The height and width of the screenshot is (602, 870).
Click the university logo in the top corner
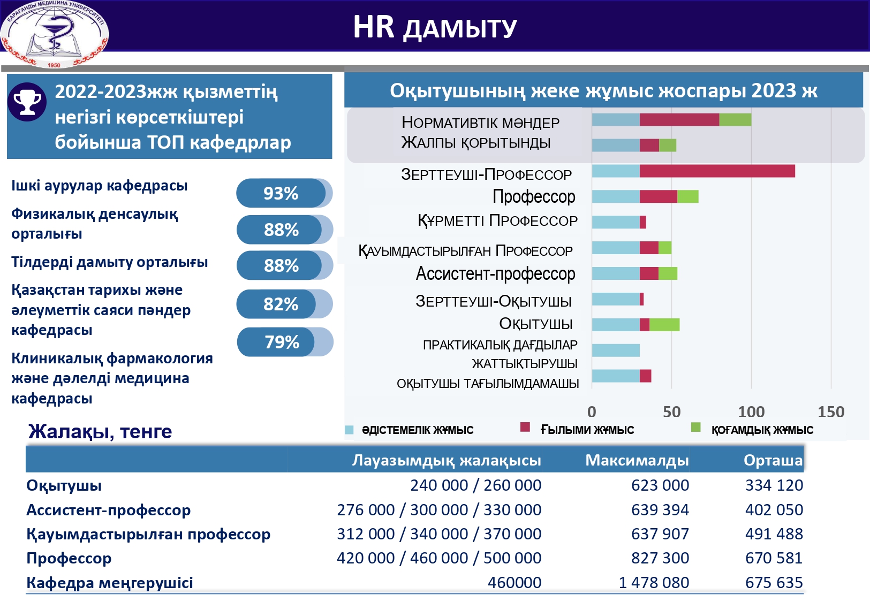coord(55,33)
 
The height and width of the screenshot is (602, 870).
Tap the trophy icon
coord(27,102)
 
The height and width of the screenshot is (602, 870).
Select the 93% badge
coord(281,193)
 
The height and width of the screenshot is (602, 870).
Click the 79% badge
coord(282,342)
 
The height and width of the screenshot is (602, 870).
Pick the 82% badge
coord(281,304)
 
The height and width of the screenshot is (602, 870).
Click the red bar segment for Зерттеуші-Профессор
coord(717,171)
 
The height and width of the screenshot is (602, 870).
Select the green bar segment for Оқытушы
coord(664,325)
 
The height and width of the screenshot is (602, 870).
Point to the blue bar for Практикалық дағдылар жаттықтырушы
coord(616,350)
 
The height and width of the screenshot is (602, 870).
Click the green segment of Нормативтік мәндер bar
coord(735,120)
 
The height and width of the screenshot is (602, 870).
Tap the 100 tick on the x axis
coord(751,412)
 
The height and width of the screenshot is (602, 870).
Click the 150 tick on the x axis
coord(831,412)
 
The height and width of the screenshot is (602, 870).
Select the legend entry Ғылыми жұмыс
coord(587,430)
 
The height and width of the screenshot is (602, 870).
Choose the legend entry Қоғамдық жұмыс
coord(762,430)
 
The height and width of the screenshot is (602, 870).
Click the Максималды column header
coord(637,460)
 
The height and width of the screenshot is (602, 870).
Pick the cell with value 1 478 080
coord(654,582)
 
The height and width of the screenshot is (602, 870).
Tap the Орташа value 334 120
coord(774,485)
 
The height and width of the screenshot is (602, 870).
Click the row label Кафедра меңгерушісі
coord(110,583)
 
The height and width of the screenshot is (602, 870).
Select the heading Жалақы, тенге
coord(100,431)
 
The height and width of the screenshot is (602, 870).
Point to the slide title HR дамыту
coord(435,27)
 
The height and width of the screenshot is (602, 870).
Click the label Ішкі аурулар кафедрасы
coord(100,186)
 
